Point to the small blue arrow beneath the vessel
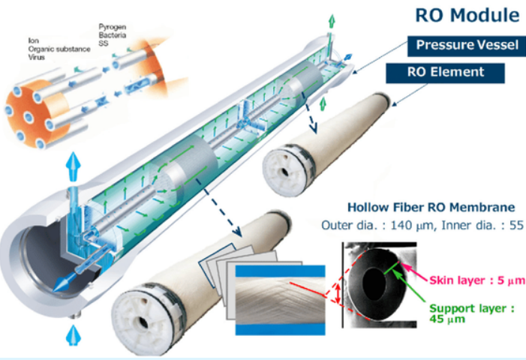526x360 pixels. [x=72, y=334]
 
